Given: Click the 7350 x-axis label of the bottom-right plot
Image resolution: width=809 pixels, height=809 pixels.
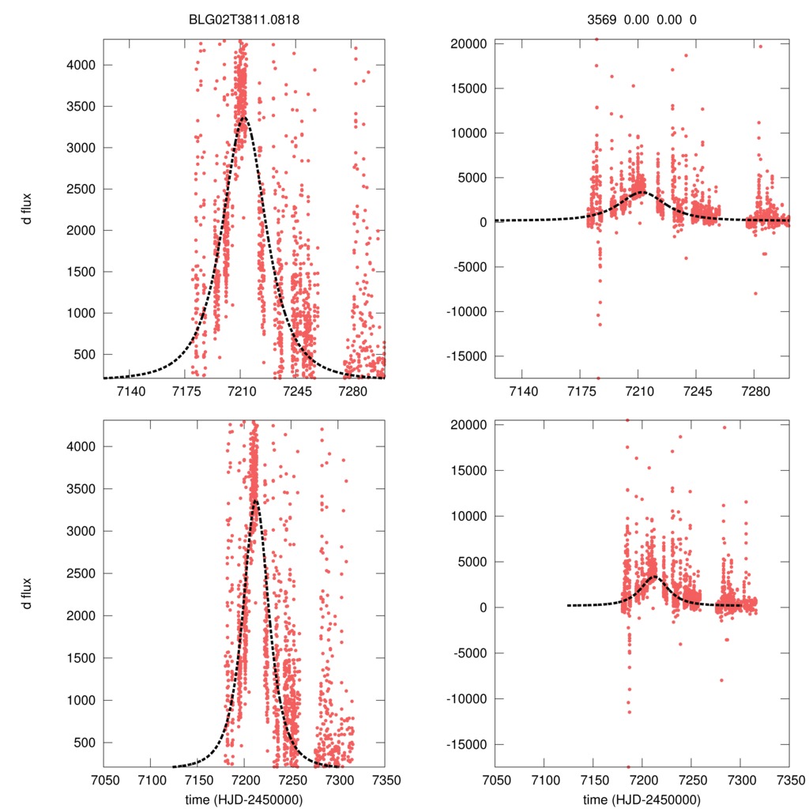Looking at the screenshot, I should pyautogui.click(x=789, y=778).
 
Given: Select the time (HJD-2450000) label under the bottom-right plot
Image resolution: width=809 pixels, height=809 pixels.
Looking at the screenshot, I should pyautogui.click(x=642, y=799).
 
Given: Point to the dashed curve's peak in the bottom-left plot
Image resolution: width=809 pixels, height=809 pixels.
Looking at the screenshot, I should pyautogui.click(x=255, y=499).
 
